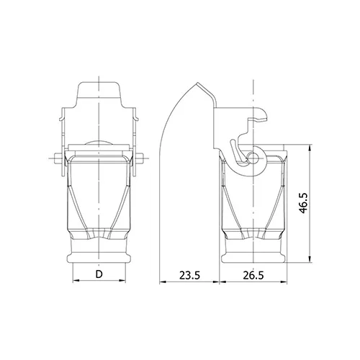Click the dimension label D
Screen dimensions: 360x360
point(99,274)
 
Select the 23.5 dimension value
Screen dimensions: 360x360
point(189,275)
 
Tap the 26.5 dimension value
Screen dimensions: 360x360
point(253,275)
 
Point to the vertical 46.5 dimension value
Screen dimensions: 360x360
point(303,203)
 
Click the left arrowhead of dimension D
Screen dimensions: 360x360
point(76,280)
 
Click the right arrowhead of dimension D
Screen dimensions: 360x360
point(122,280)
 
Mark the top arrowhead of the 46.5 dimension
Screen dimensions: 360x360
point(310,148)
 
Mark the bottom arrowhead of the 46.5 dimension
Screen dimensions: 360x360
point(310,259)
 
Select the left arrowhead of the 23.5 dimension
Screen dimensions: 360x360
point(163,282)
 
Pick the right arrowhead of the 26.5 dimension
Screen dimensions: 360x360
point(284,282)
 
